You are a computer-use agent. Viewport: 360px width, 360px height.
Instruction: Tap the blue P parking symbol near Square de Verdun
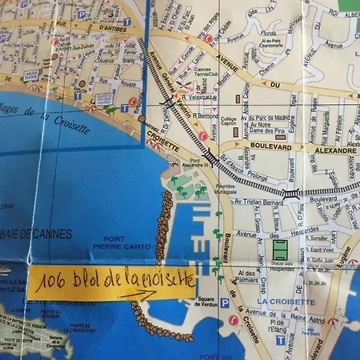[x=224, y=303]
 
